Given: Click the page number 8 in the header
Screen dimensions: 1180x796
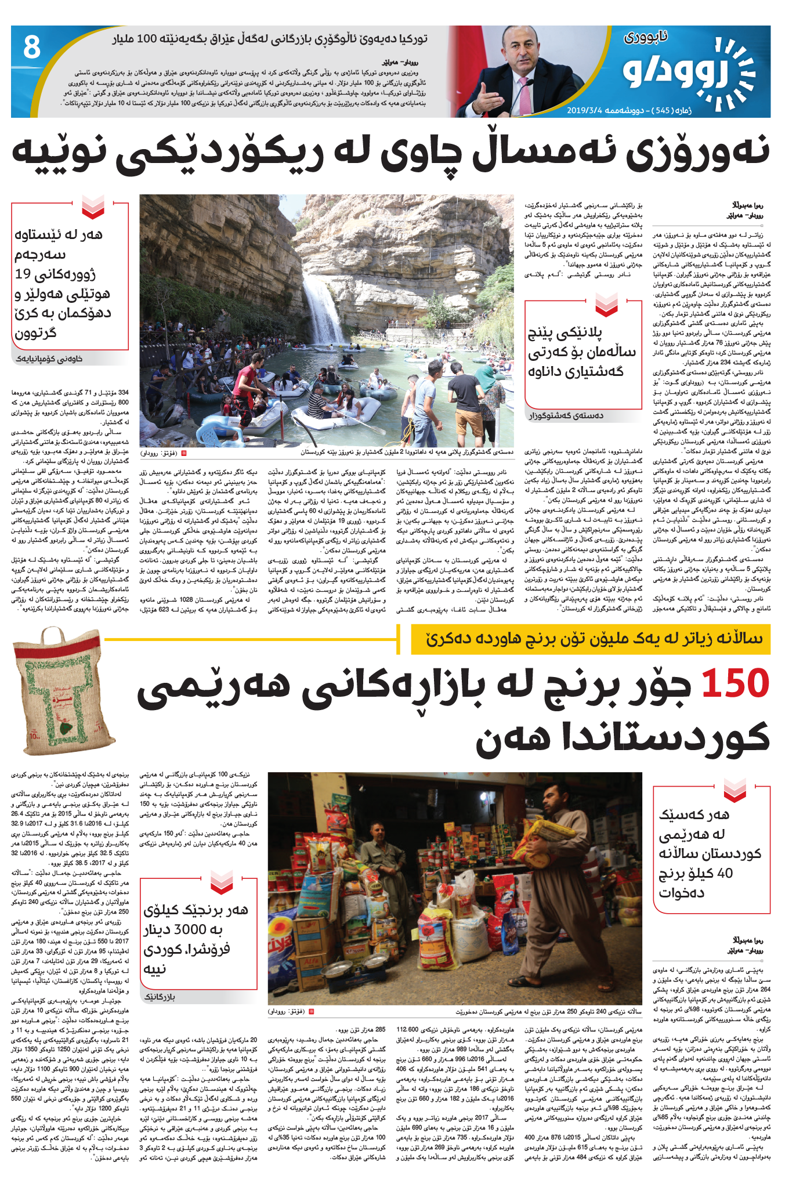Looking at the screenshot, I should [x=31, y=48].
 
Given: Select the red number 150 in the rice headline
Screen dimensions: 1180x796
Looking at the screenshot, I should [x=735, y=683].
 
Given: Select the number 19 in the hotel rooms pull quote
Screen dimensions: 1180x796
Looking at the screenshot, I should [x=23, y=274].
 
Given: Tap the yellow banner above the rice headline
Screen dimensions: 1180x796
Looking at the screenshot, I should [x=590, y=639].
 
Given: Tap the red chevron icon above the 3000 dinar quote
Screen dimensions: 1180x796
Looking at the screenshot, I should [x=222, y=884].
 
